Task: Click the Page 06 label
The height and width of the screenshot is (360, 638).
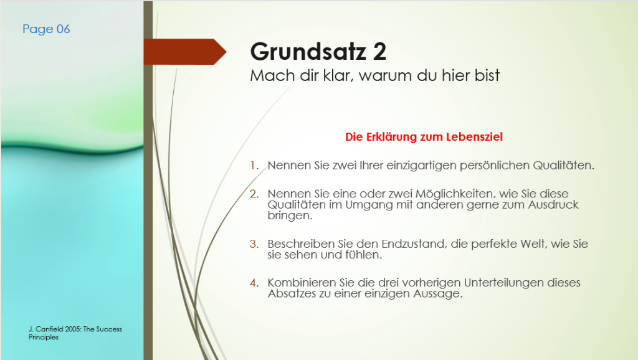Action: tap(46, 29)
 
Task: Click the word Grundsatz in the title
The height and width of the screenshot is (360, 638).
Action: tap(308, 52)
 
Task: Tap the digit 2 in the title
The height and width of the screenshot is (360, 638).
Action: tap(379, 52)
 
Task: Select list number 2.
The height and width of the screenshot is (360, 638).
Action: tap(254, 194)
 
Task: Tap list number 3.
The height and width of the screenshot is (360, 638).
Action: tap(254, 244)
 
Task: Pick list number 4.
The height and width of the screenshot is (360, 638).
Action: tap(254, 283)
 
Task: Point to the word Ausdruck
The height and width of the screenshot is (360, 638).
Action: tap(553, 205)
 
